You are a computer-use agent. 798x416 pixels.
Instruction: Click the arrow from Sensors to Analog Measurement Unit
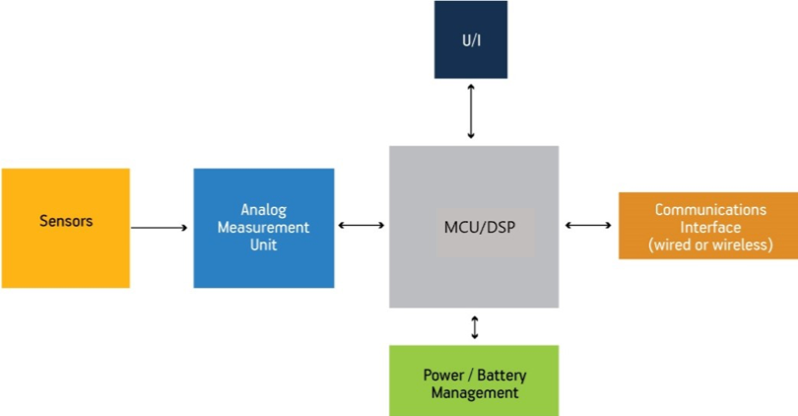[159, 228]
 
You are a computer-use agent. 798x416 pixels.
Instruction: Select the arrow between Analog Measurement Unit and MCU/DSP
[362, 226]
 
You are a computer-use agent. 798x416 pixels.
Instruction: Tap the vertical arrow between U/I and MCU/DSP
[471, 111]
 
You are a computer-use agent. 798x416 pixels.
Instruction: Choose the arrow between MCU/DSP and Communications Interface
[588, 226]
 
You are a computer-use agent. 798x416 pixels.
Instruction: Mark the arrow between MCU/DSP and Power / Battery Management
[475, 326]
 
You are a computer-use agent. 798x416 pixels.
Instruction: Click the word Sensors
[66, 221]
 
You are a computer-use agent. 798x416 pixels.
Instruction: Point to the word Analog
[263, 210]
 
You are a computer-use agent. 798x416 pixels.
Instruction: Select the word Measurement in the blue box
[263, 227]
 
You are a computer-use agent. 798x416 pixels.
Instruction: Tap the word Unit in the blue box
[263, 243]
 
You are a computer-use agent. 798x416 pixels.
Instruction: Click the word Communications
[709, 210]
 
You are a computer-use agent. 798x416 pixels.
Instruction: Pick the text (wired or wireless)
[709, 244]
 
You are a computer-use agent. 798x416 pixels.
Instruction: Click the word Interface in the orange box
[709, 227]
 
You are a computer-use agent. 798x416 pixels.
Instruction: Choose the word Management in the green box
[473, 392]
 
